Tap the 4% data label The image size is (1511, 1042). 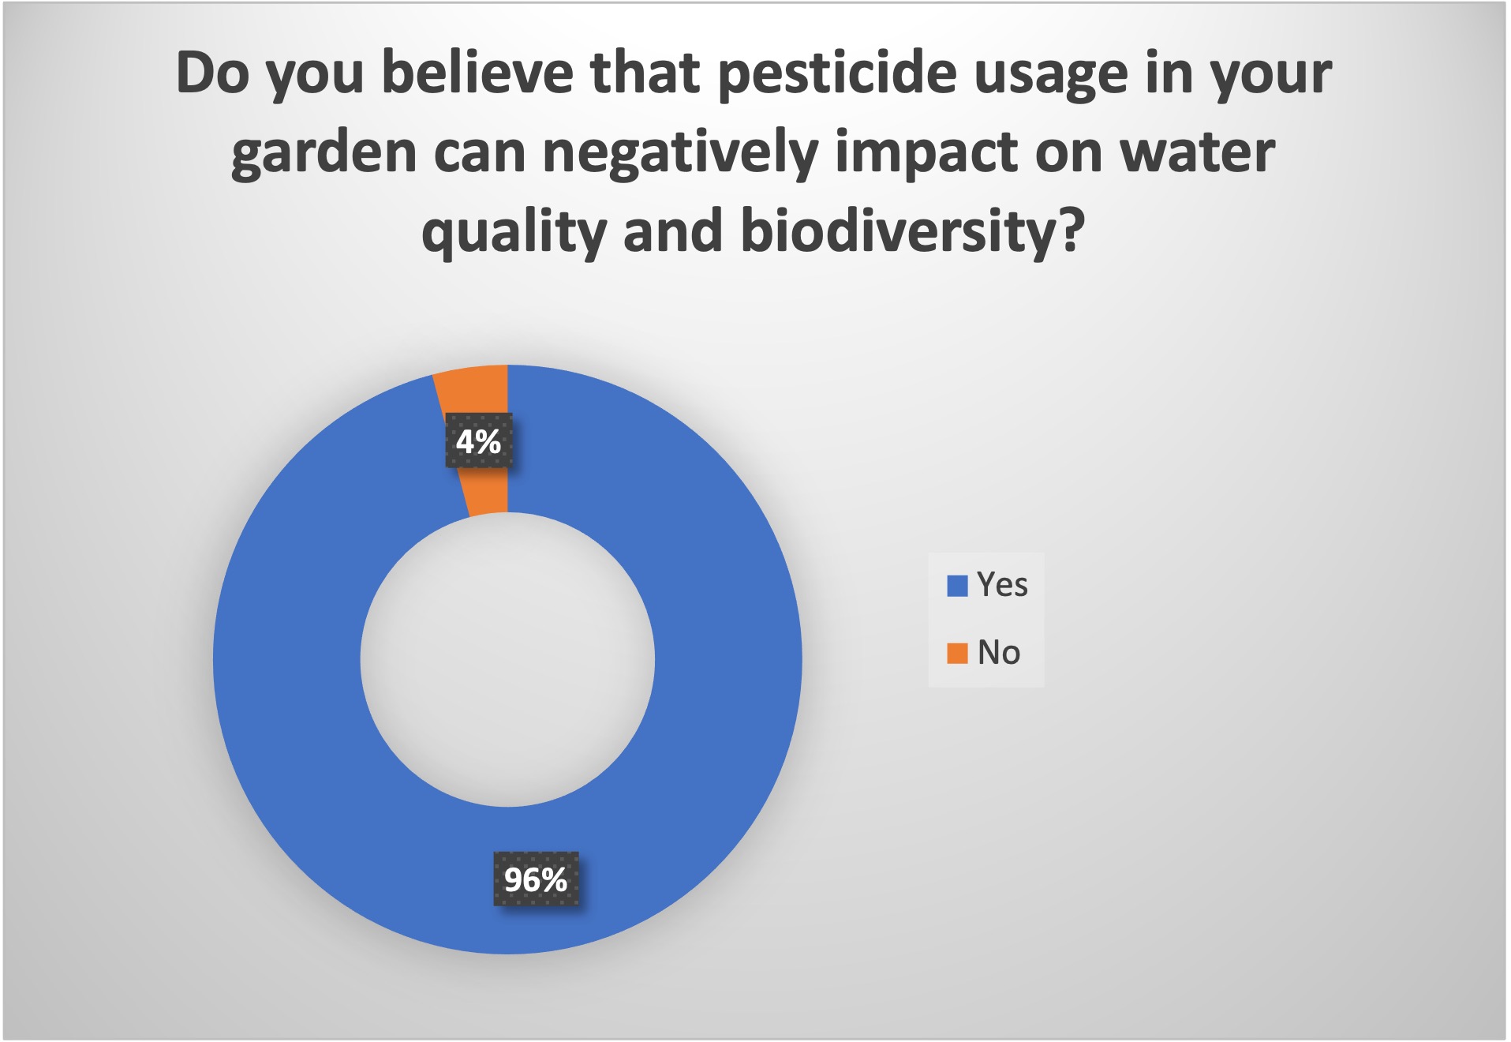[478, 440]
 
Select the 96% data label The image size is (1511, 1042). [536, 879]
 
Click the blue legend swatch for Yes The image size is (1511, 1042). [957, 586]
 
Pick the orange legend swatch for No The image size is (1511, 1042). [957, 654]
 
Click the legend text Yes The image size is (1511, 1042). [1002, 585]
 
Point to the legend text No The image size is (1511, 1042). [999, 653]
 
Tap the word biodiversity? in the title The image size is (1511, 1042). [913, 233]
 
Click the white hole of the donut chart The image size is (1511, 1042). [507, 659]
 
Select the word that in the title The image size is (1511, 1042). [645, 73]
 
